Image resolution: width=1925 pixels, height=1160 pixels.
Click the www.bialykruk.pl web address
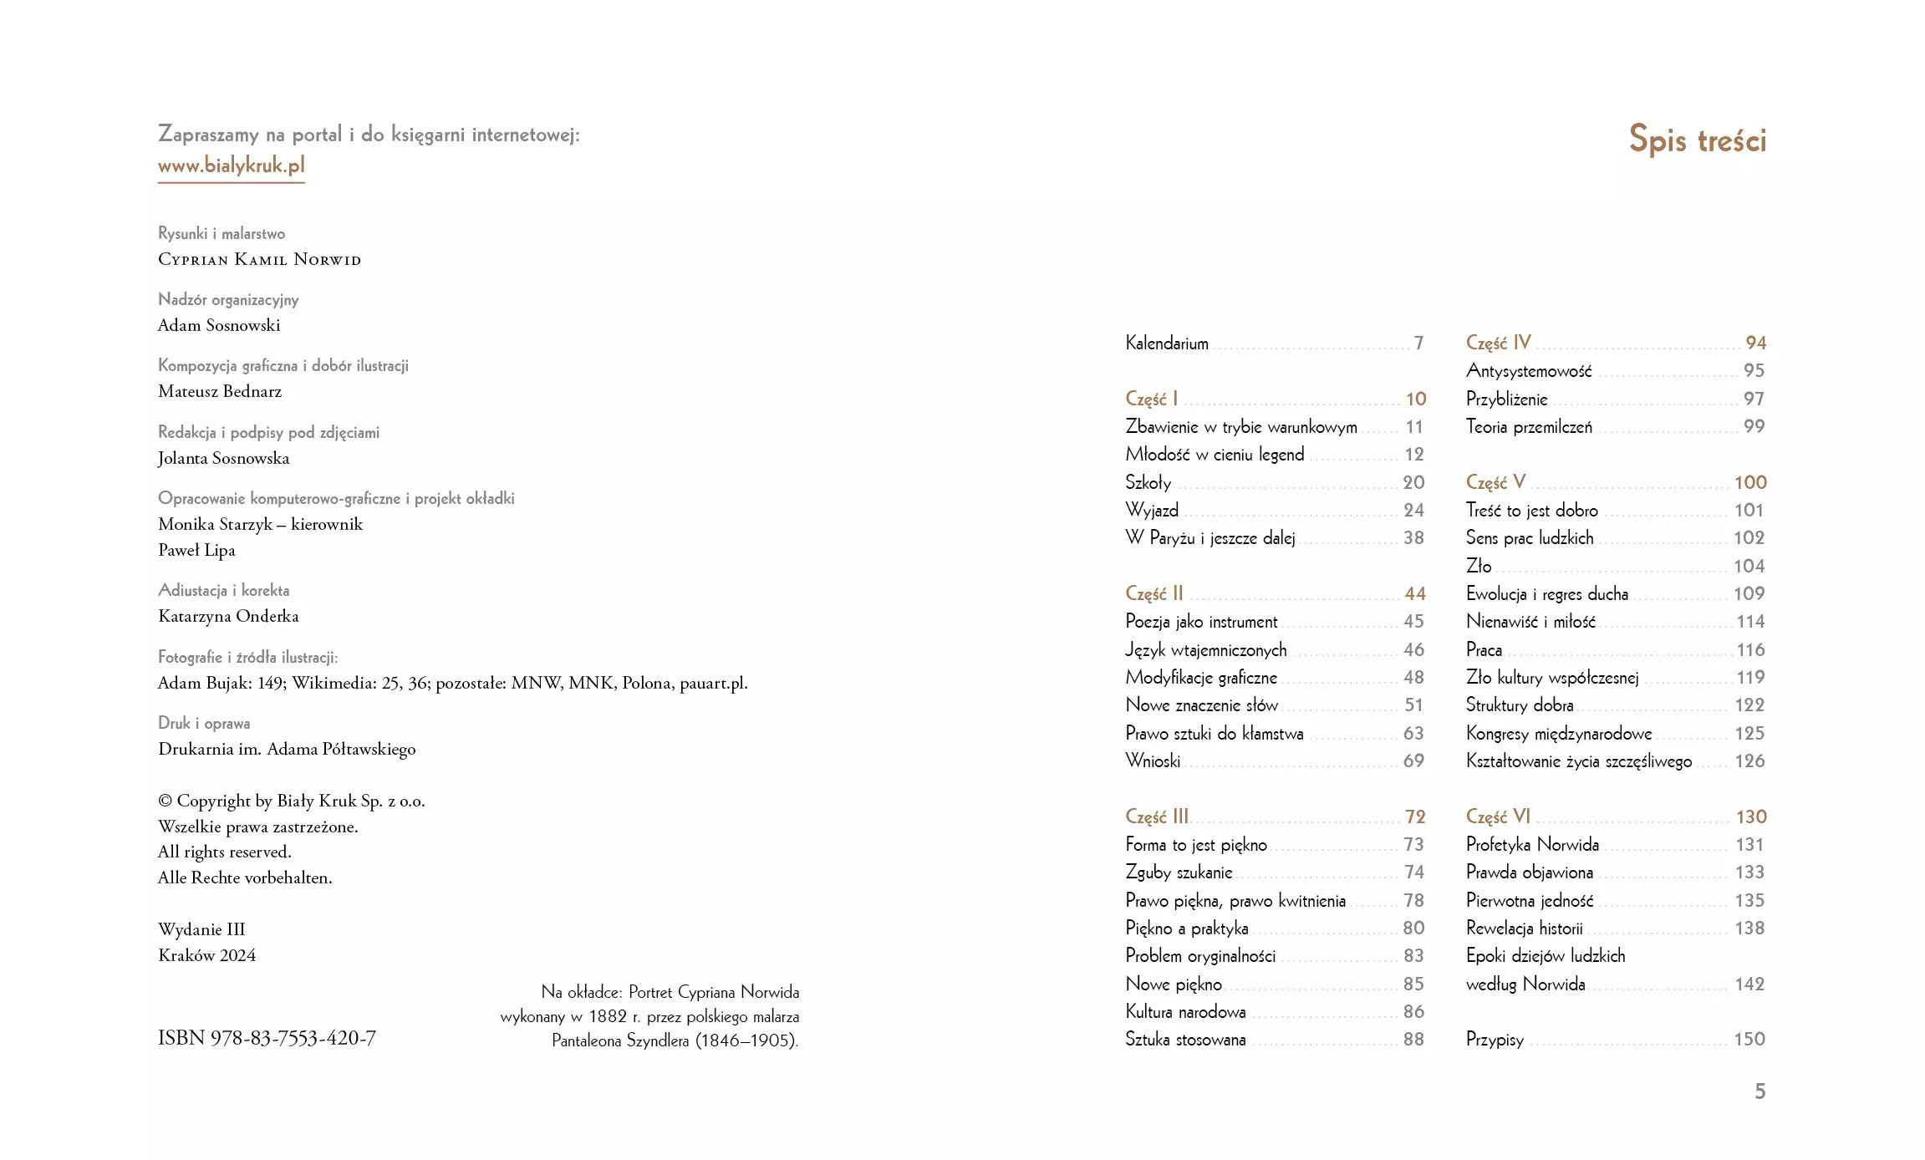click(231, 165)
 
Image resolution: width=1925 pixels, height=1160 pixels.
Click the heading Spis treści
click(1697, 140)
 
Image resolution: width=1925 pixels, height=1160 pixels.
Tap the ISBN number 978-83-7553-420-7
click(267, 1038)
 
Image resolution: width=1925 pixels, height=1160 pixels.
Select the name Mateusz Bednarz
click(220, 391)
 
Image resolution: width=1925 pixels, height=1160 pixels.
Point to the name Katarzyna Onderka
click(228, 616)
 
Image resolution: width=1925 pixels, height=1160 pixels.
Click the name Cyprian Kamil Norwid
click(259, 259)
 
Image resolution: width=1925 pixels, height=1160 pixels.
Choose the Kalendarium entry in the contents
click(1166, 343)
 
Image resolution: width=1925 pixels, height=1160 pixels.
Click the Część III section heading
click(1156, 817)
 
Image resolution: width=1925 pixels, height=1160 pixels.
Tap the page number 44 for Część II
click(1414, 593)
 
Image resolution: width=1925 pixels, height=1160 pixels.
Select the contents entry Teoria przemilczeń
click(1528, 426)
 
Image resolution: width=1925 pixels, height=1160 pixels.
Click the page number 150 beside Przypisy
click(1749, 1039)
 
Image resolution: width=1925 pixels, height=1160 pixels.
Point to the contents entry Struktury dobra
click(1519, 705)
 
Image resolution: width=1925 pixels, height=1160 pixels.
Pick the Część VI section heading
click(1498, 817)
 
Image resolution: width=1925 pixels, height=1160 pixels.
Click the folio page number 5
click(1759, 1091)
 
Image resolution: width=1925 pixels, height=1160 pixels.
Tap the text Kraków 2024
click(206, 955)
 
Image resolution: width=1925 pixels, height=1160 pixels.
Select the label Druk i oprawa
click(204, 723)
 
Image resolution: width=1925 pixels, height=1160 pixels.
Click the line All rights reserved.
click(224, 852)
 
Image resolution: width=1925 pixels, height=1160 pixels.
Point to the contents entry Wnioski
click(1153, 761)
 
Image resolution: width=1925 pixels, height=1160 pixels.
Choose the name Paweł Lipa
click(196, 550)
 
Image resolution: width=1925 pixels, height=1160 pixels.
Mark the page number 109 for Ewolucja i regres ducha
click(1749, 593)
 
